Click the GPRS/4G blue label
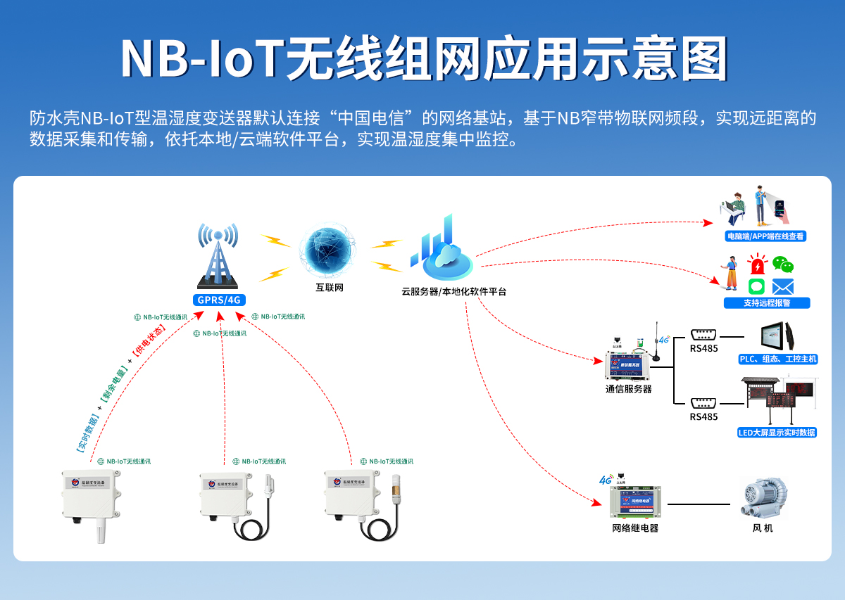pos(218,300)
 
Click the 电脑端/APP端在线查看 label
pos(766,236)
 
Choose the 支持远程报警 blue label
pos(767,303)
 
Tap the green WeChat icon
pos(783,264)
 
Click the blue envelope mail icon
pos(783,286)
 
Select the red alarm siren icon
pos(757,266)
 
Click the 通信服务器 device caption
pos(628,388)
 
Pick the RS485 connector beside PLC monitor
pos(703,336)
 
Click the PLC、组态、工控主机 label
pos(777,359)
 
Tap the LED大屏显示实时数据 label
pos(777,433)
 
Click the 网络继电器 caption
pos(635,528)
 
